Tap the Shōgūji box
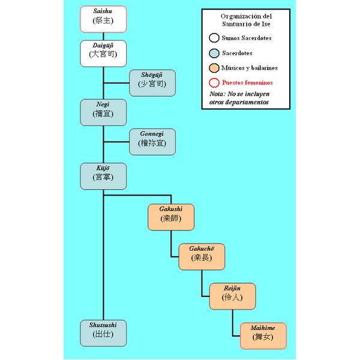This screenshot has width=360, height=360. pos(152,83)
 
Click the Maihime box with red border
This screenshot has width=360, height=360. pos(263,335)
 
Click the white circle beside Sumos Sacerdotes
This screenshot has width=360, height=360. pos(214,38)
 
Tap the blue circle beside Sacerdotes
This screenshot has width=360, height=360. pos(214,53)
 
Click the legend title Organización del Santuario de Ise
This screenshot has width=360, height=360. pos(246,20)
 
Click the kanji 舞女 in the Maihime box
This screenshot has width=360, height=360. pos(263,340)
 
